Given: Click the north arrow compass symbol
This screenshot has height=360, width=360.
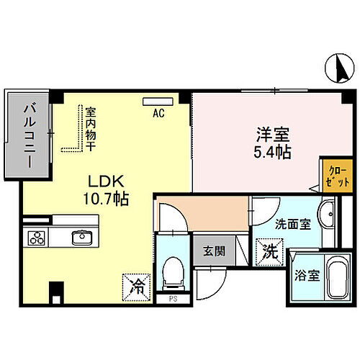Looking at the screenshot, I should click(341, 68).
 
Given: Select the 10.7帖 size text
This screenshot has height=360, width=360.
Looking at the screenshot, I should click(105, 199).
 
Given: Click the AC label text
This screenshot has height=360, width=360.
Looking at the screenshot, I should click(158, 113).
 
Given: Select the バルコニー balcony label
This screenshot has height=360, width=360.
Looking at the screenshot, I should click(29, 135).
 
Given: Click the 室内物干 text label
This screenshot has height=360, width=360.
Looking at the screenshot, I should click(91, 130).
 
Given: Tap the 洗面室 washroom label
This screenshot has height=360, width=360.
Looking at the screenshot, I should click(293, 224).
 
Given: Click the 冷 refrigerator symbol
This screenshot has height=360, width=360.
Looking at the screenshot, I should click(138, 284).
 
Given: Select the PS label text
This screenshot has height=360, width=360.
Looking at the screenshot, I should click(173, 297).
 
